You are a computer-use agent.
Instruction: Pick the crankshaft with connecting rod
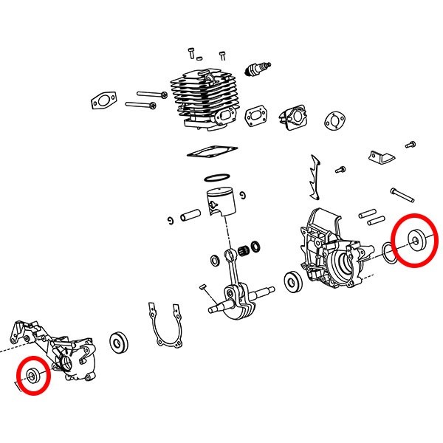point(237,295)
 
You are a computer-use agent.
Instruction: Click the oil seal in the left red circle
point(35,375)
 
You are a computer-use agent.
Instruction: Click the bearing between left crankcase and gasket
point(117,342)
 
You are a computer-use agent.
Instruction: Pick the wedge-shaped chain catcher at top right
point(379,157)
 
